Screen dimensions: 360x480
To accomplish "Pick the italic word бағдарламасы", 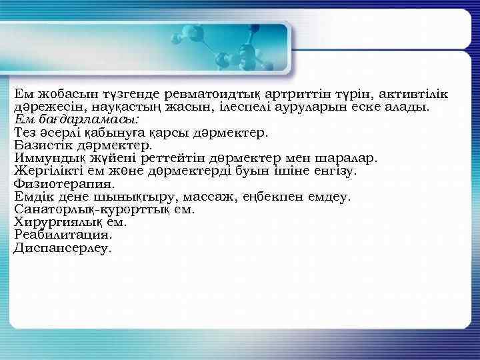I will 86,119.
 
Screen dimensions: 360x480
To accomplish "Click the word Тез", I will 25,132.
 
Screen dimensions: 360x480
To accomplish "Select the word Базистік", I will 43,145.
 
